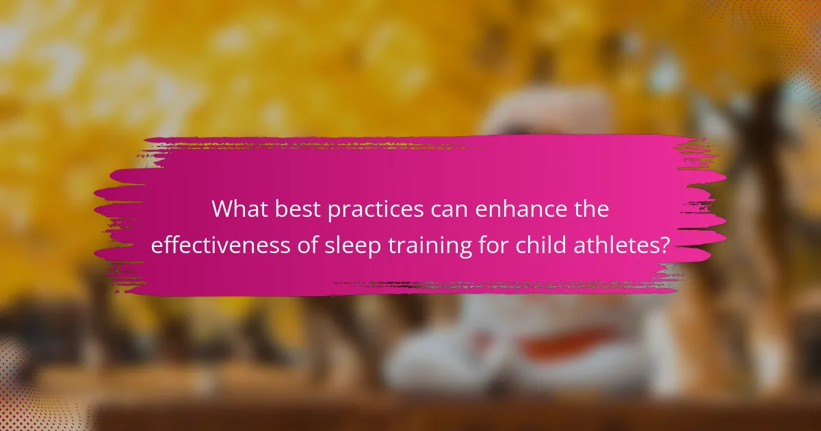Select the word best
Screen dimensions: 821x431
tap(298, 209)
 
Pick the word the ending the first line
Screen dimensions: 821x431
tap(588, 209)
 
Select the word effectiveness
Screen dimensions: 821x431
tap(220, 244)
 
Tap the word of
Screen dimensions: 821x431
tap(307, 244)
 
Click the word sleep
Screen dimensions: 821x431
tap(353, 246)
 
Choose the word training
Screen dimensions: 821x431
tap(430, 246)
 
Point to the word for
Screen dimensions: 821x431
tap(493, 244)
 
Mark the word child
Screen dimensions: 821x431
tap(540, 244)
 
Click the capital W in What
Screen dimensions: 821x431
tap(224, 209)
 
